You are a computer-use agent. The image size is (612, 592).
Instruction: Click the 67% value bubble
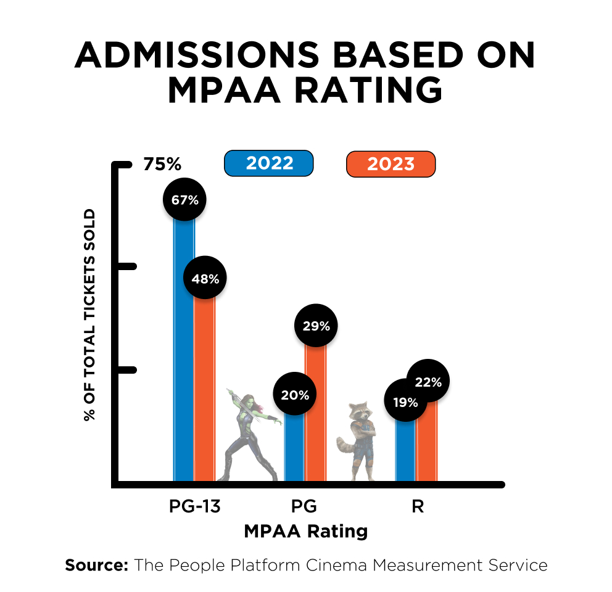click(x=184, y=200)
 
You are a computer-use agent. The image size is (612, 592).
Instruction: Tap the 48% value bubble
click(x=205, y=278)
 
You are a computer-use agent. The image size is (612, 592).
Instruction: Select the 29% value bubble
click(x=316, y=326)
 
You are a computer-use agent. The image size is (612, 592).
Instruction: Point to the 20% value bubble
click(x=295, y=395)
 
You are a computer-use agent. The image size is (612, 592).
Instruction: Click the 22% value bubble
click(x=428, y=382)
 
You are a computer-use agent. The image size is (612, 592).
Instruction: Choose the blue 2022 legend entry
click(x=269, y=164)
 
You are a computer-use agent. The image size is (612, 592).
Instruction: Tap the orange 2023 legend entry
click(x=391, y=164)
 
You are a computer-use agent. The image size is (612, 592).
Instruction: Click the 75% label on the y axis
click(x=162, y=165)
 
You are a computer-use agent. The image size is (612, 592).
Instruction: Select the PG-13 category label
click(x=195, y=507)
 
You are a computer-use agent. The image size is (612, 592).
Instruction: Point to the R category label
click(x=418, y=507)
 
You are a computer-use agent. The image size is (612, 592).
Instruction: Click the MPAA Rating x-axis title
click(x=306, y=531)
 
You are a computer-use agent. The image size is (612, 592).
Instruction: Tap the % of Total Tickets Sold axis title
click(x=90, y=314)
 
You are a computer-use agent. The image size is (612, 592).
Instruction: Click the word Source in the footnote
click(x=96, y=565)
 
